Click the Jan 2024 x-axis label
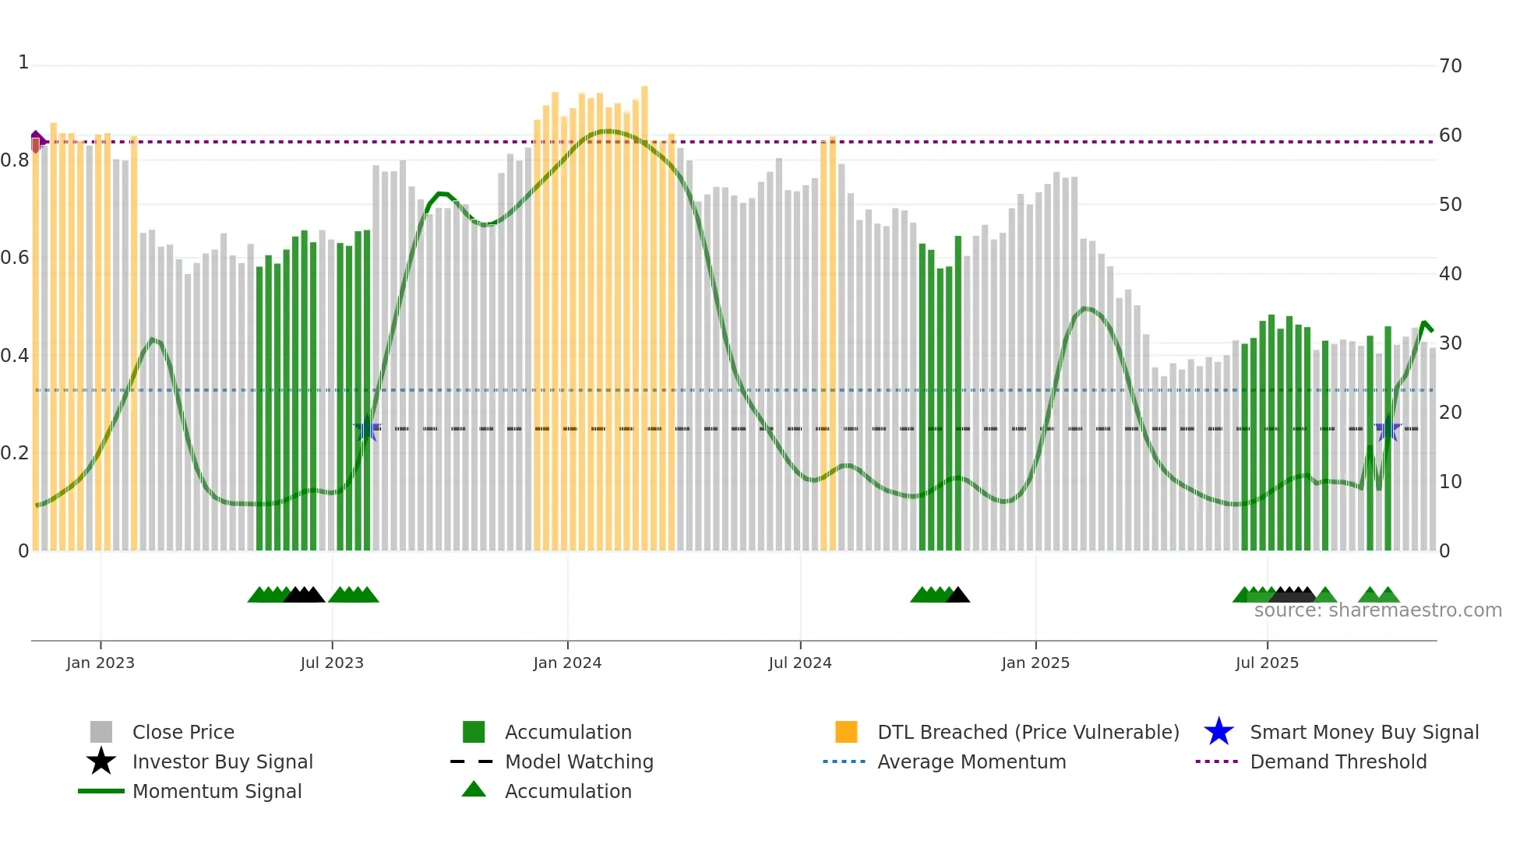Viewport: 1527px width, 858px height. pyautogui.click(x=567, y=663)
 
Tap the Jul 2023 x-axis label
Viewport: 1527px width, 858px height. pyautogui.click(x=332, y=663)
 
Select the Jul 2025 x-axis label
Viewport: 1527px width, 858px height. pyautogui.click(x=1267, y=663)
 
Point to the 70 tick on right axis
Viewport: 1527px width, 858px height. pyautogui.click(x=1450, y=66)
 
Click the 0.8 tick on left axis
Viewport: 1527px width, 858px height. pyautogui.click(x=15, y=161)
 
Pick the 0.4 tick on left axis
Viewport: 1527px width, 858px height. pyautogui.click(x=15, y=356)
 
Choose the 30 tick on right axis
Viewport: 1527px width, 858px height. pyautogui.click(x=1450, y=343)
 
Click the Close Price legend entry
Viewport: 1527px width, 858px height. pyautogui.click(x=183, y=732)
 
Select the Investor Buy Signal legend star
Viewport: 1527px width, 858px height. pyautogui.click(x=101, y=761)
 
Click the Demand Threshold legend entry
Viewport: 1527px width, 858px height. pyautogui.click(x=1338, y=761)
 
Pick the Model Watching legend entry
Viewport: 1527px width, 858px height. pyautogui.click(x=578, y=761)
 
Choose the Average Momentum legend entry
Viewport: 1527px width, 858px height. pyautogui.click(x=971, y=761)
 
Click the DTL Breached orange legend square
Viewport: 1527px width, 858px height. pyautogui.click(x=846, y=732)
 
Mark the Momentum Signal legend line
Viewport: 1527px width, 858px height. pyautogui.click(x=101, y=791)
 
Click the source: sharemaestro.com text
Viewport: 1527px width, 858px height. pyautogui.click(x=1377, y=610)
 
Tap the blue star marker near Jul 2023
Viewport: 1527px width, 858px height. pyautogui.click(x=367, y=429)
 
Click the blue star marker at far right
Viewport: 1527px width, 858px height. pyautogui.click(x=1388, y=429)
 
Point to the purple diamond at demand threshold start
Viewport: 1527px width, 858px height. pyautogui.click(x=37, y=141)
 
